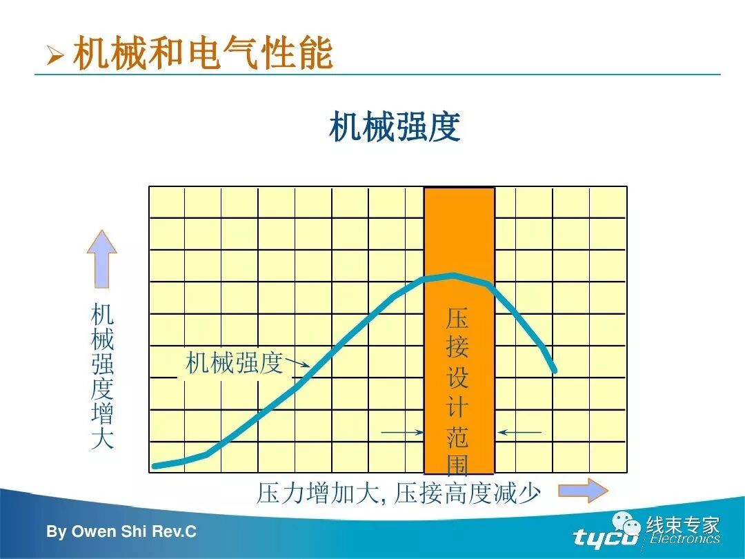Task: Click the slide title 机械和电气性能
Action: [x=203, y=54]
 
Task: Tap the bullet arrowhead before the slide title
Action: [x=54, y=56]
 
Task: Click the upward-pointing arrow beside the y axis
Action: [x=101, y=258]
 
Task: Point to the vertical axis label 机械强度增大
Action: [x=102, y=377]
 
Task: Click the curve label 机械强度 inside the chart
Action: [x=235, y=362]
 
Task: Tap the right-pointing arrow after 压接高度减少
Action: [x=583, y=491]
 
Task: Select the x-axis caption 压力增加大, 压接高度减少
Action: [x=398, y=493]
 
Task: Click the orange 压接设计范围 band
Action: [x=459, y=228]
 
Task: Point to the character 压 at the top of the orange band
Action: [x=457, y=318]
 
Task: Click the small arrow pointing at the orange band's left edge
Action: [x=403, y=433]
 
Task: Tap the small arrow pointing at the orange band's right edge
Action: [x=519, y=433]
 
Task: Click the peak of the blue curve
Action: [x=453, y=275]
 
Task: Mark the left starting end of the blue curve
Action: [x=155, y=466]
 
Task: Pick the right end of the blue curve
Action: [x=554, y=371]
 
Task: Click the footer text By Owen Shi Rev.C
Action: [x=121, y=531]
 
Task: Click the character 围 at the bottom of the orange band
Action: [x=457, y=465]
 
